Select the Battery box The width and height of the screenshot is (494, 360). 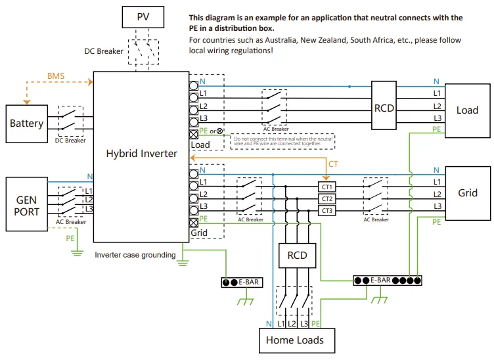[x=27, y=124]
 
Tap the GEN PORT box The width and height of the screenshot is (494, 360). [x=27, y=204]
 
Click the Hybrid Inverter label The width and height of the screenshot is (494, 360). [x=141, y=153]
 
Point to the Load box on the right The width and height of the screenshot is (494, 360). [x=468, y=110]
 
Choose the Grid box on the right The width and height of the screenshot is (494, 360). [x=468, y=193]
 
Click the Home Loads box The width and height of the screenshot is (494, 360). [x=295, y=340]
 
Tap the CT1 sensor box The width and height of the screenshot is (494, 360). [x=327, y=187]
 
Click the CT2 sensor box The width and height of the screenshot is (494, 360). [x=327, y=198]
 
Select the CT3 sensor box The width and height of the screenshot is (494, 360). [x=327, y=210]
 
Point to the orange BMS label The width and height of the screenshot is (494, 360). [x=57, y=76]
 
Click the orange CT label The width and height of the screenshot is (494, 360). [x=333, y=163]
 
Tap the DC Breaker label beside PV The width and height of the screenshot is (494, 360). [x=104, y=51]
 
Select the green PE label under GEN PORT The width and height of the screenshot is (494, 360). [x=70, y=239]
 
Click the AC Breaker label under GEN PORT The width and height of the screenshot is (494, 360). [x=71, y=222]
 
